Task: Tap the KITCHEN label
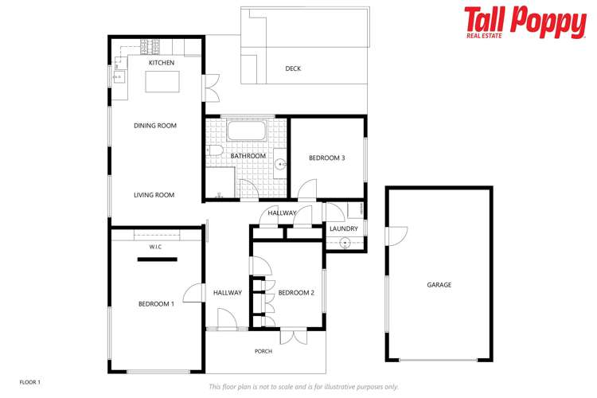coord(162,62)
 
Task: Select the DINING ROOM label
coord(154,125)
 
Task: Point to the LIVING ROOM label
coord(154,195)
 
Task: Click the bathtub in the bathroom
coord(248,131)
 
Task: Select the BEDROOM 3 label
coord(326,158)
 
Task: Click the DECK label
coord(293,68)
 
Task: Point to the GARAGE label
coord(439,284)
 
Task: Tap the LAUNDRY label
coord(343,229)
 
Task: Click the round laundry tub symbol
coord(345,242)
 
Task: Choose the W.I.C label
coord(155,248)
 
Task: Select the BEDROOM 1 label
coord(156,304)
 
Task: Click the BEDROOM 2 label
coord(296,293)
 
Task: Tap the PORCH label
coord(263,351)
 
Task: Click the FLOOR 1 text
coord(29,382)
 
